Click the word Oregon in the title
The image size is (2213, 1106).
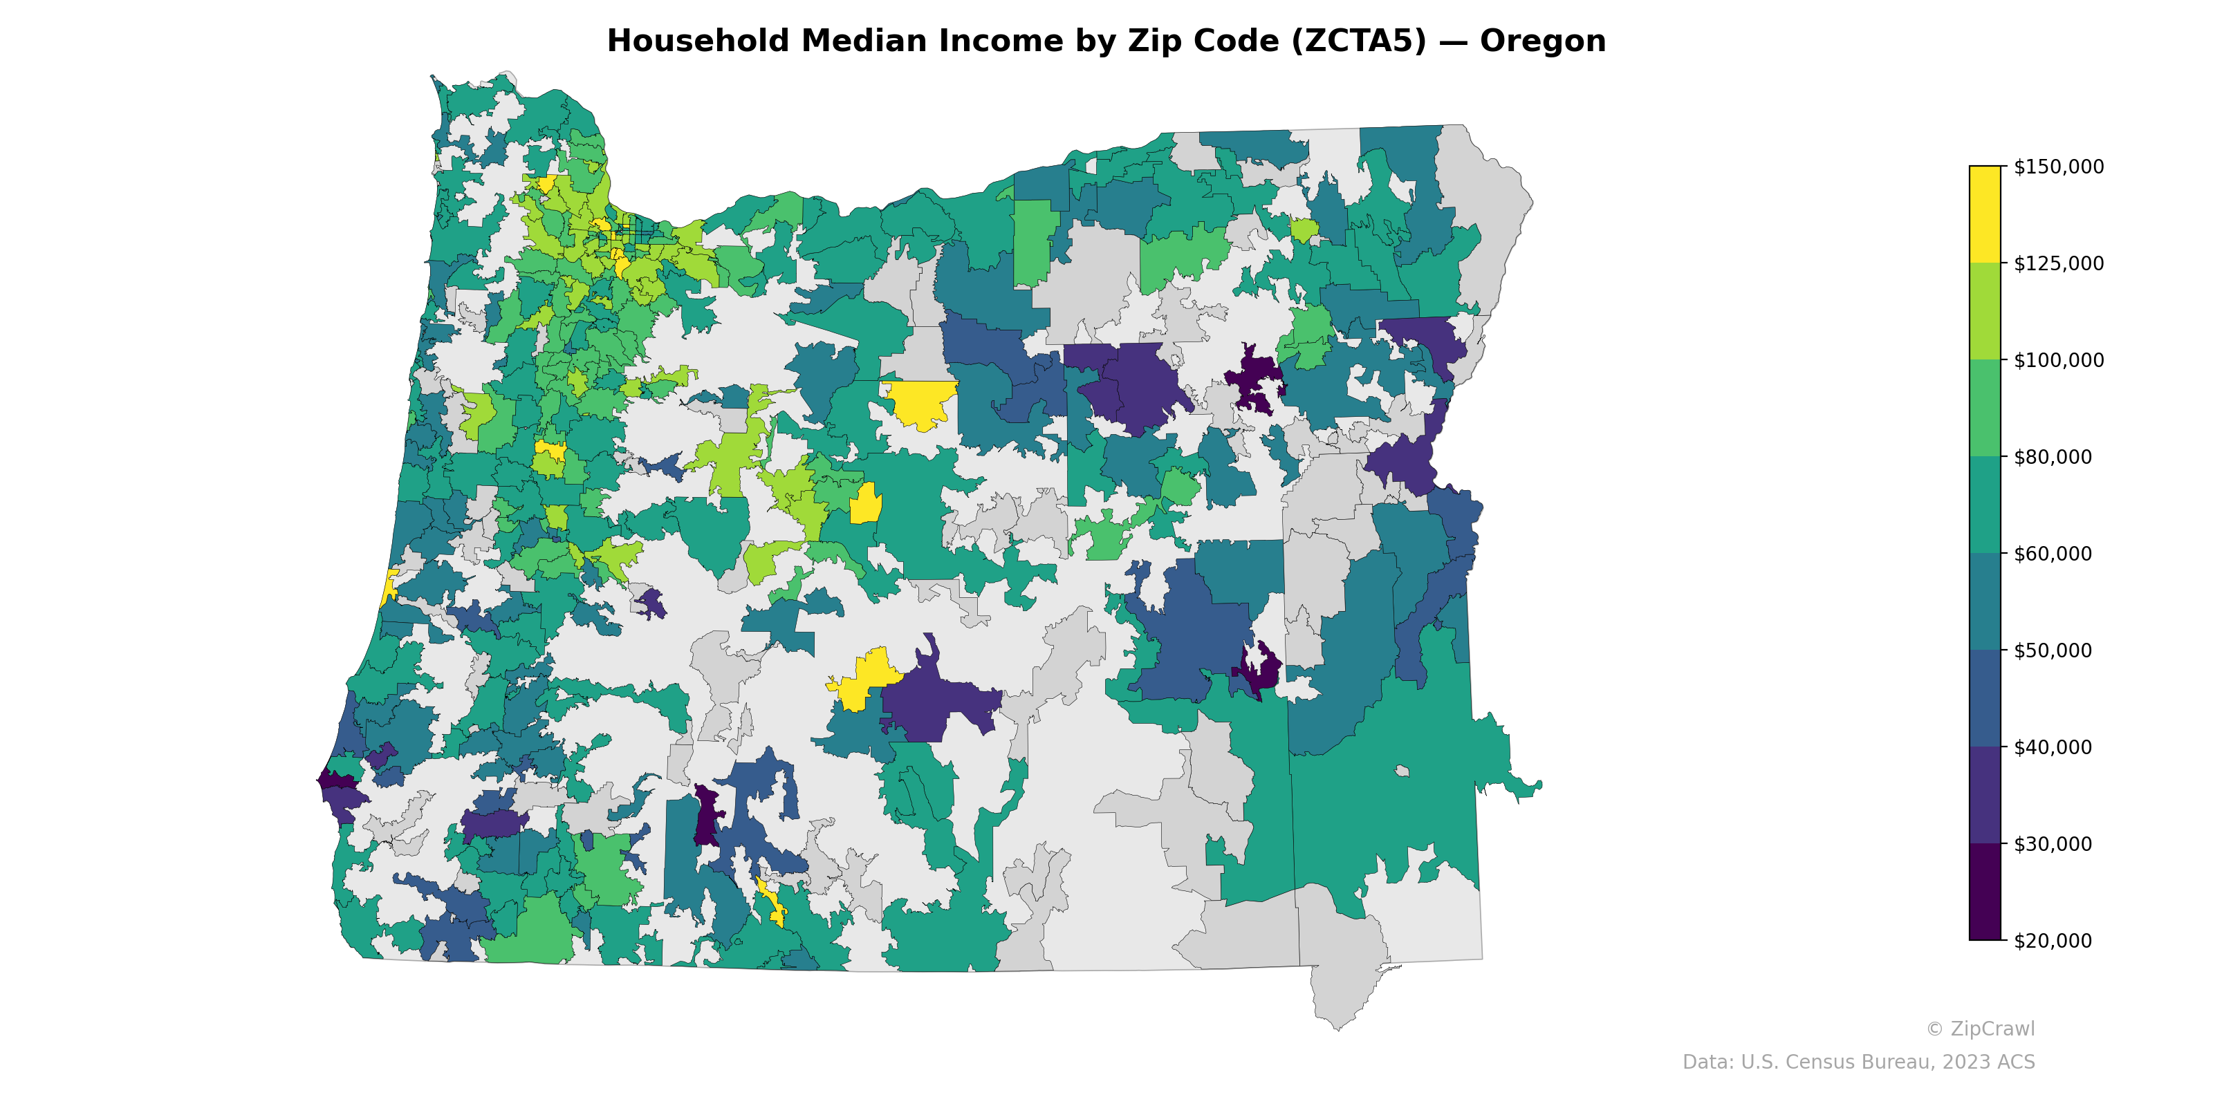point(1542,41)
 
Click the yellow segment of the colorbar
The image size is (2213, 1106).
point(1985,215)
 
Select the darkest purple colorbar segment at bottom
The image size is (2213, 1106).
point(1985,893)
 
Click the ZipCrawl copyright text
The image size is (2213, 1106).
point(1980,1029)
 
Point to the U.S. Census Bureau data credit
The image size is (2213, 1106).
point(1858,1062)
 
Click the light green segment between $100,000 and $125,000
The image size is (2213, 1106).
point(1985,312)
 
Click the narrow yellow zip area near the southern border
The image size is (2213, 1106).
point(772,901)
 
